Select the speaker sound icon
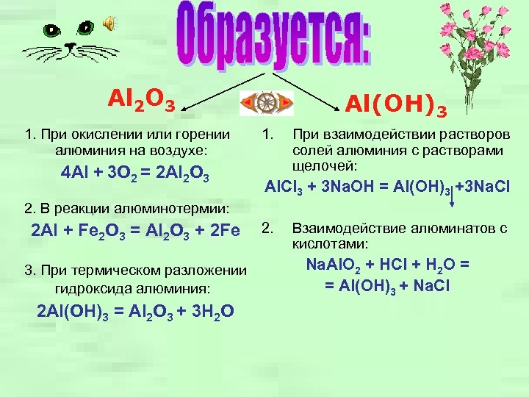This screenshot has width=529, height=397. pyautogui.click(x=109, y=25)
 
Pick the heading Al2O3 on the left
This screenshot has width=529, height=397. pyautogui.click(x=141, y=99)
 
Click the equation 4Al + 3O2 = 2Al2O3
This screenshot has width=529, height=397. pyautogui.click(x=139, y=176)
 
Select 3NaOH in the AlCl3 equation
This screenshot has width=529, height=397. pyautogui.click(x=348, y=187)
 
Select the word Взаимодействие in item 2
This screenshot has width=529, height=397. pyautogui.click(x=347, y=229)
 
